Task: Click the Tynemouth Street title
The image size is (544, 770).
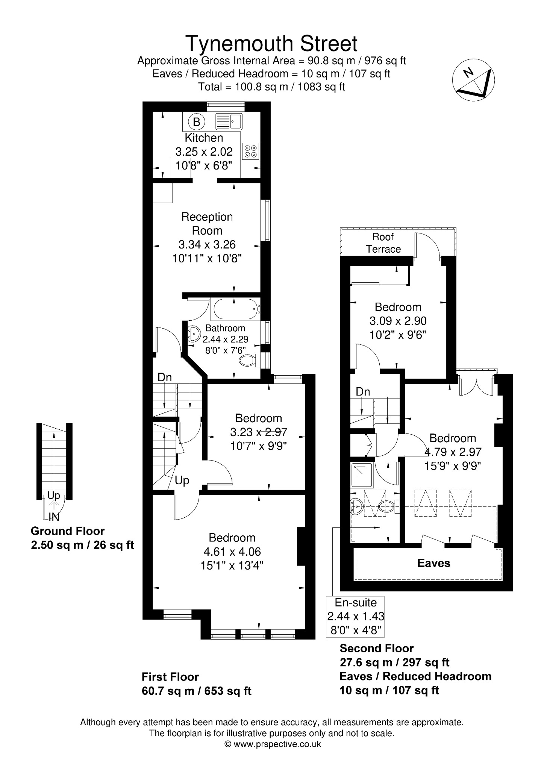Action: [x=271, y=43]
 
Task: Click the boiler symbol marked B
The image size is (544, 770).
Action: [x=196, y=122]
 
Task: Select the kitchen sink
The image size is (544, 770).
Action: [x=229, y=121]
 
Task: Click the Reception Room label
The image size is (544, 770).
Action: [x=207, y=224]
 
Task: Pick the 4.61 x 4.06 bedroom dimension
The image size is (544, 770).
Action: [x=232, y=552]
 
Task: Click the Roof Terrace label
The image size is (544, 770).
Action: [x=383, y=243]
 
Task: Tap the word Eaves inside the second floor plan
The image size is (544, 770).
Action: [x=434, y=563]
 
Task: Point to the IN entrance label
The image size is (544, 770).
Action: [x=54, y=517]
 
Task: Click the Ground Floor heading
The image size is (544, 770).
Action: [x=68, y=531]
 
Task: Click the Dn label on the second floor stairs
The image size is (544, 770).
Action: [x=363, y=392]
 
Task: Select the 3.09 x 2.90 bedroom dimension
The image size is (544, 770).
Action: [x=398, y=321]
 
